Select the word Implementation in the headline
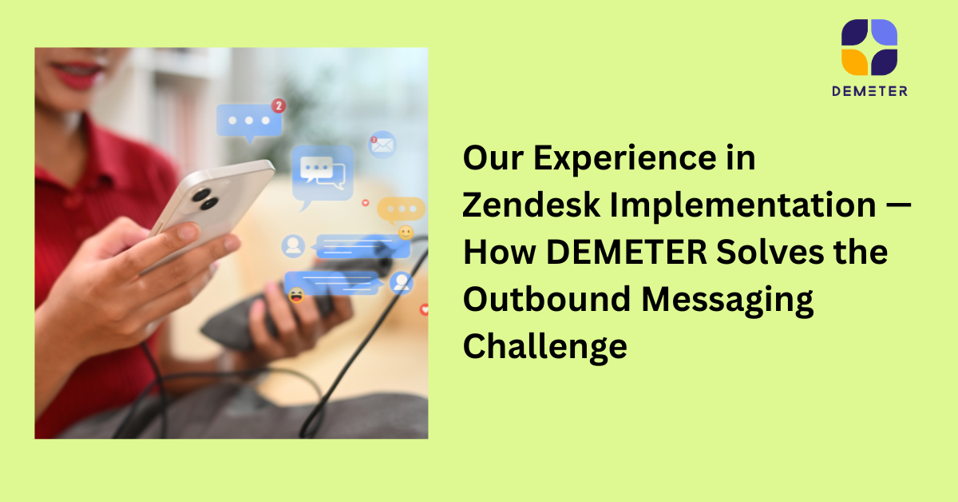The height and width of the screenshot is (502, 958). coord(743,206)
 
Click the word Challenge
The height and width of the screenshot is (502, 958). coord(544,347)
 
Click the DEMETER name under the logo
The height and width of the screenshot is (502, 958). coord(869,91)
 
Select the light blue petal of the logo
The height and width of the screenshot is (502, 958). coord(883,33)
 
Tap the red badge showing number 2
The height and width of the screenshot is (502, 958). coord(278,105)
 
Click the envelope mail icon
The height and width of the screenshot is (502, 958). coord(382,145)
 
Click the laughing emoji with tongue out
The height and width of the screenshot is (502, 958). coord(296,296)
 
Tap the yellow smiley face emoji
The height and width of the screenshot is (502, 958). coord(406,233)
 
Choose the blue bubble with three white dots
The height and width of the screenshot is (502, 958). coord(249,121)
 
